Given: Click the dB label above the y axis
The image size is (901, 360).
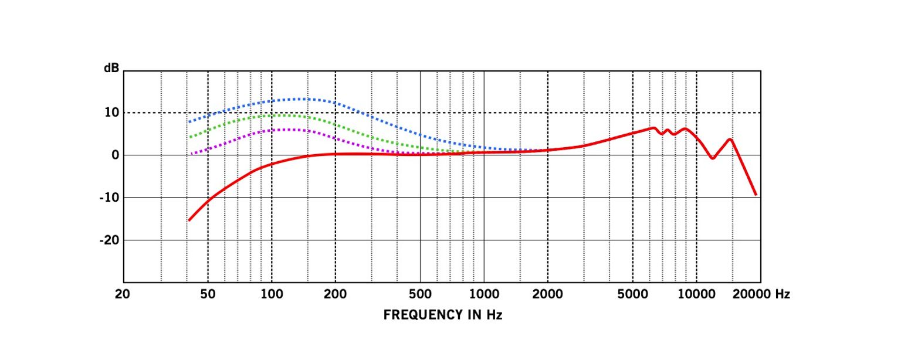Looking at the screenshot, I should [x=111, y=68].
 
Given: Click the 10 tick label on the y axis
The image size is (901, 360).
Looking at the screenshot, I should [x=111, y=113].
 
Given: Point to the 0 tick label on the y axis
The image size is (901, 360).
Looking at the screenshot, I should [x=115, y=155].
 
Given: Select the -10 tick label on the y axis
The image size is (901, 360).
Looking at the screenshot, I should [x=109, y=198].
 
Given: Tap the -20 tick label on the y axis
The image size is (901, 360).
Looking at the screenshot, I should [x=109, y=240].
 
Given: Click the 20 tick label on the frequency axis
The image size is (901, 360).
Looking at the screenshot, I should [x=123, y=294].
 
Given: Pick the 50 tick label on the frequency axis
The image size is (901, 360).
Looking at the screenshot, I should [x=208, y=294].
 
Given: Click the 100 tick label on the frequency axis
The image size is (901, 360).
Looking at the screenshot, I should [x=271, y=294].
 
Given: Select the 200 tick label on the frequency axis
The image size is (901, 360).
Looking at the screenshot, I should [x=335, y=294].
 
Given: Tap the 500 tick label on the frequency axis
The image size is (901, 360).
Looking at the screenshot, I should [x=420, y=294].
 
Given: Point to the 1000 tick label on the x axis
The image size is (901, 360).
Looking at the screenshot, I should [x=484, y=294].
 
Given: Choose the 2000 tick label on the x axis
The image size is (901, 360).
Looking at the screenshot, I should [x=548, y=294].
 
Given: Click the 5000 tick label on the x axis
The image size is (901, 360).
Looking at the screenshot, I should [x=632, y=294].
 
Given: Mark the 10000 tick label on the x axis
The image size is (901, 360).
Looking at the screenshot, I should [x=696, y=294].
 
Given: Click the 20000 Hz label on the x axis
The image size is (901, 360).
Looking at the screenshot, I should [x=760, y=294].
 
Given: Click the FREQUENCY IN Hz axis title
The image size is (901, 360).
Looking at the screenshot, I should [x=443, y=315].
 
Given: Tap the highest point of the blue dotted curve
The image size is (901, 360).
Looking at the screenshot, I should [x=302, y=99].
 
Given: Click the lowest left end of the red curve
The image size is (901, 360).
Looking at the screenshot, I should [x=189, y=220].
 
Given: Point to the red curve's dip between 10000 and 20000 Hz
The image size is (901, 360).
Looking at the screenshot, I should [x=712, y=158].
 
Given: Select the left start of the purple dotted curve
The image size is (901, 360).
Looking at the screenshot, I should [x=192, y=154].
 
